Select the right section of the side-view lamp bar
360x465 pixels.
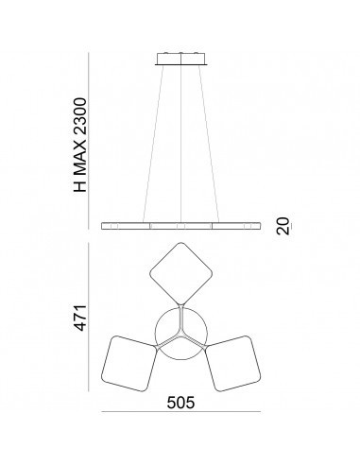[x=237, y=228]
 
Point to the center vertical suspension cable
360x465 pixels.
[x=181, y=142]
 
